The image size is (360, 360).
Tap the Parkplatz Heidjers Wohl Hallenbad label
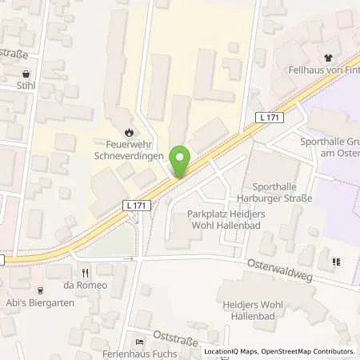tap(226, 219)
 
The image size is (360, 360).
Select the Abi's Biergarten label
tap(41, 302)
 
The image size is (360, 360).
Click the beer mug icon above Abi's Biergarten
tap(41, 290)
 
